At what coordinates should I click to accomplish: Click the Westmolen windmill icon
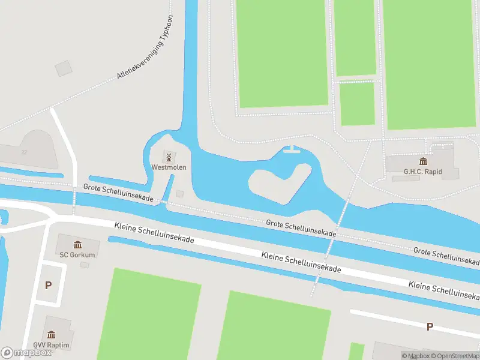[x=169, y=157]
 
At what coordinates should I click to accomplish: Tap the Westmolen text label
[x=169, y=167]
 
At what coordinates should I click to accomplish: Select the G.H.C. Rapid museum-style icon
[x=423, y=161]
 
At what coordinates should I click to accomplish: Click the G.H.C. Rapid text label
[x=423, y=172]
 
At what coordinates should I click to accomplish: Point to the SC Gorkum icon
[x=77, y=244]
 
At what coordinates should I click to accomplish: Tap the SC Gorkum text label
[x=77, y=255]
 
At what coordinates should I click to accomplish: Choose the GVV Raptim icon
[x=52, y=335]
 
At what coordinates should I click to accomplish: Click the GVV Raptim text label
[x=52, y=345]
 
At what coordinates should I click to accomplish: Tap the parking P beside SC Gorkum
[x=48, y=285]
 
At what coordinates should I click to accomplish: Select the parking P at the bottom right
[x=429, y=327]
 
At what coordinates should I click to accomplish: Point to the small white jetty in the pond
[x=291, y=149]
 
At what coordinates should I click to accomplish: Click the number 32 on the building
[x=25, y=152]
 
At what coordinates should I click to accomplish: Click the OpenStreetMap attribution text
[x=455, y=356]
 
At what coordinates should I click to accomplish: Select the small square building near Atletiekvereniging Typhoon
[x=63, y=68]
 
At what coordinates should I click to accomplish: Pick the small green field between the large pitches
[x=357, y=103]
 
